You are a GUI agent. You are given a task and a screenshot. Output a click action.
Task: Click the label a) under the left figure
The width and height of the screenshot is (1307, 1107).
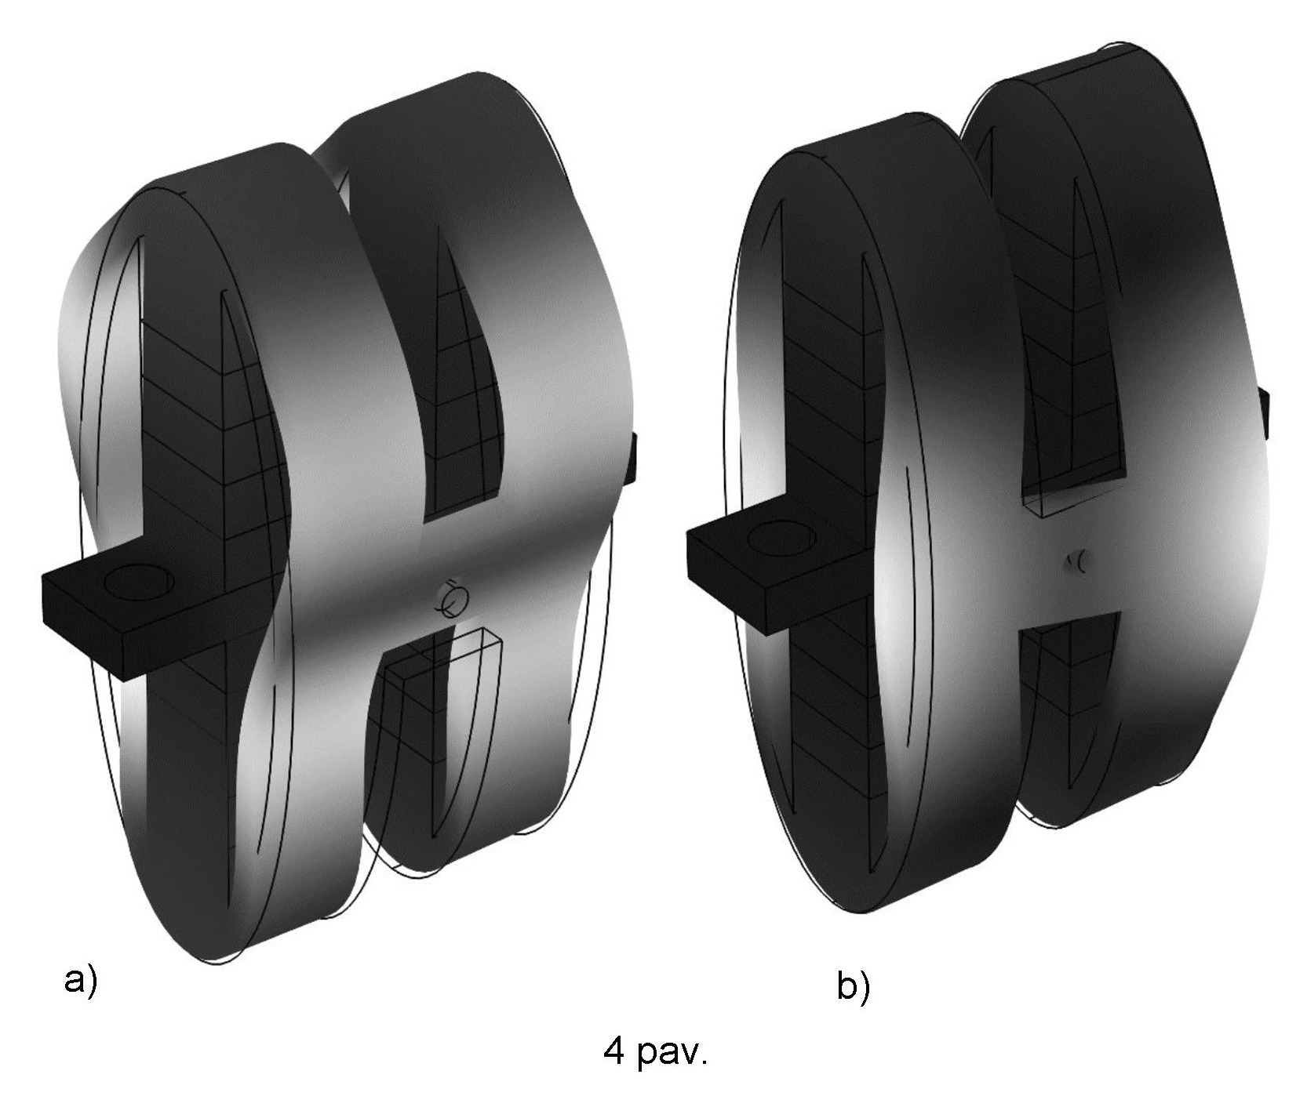click(80, 981)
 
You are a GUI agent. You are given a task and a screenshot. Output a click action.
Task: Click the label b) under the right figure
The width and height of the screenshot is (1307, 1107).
click(854, 985)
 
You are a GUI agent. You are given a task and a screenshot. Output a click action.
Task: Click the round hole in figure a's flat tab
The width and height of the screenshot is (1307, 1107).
click(139, 584)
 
